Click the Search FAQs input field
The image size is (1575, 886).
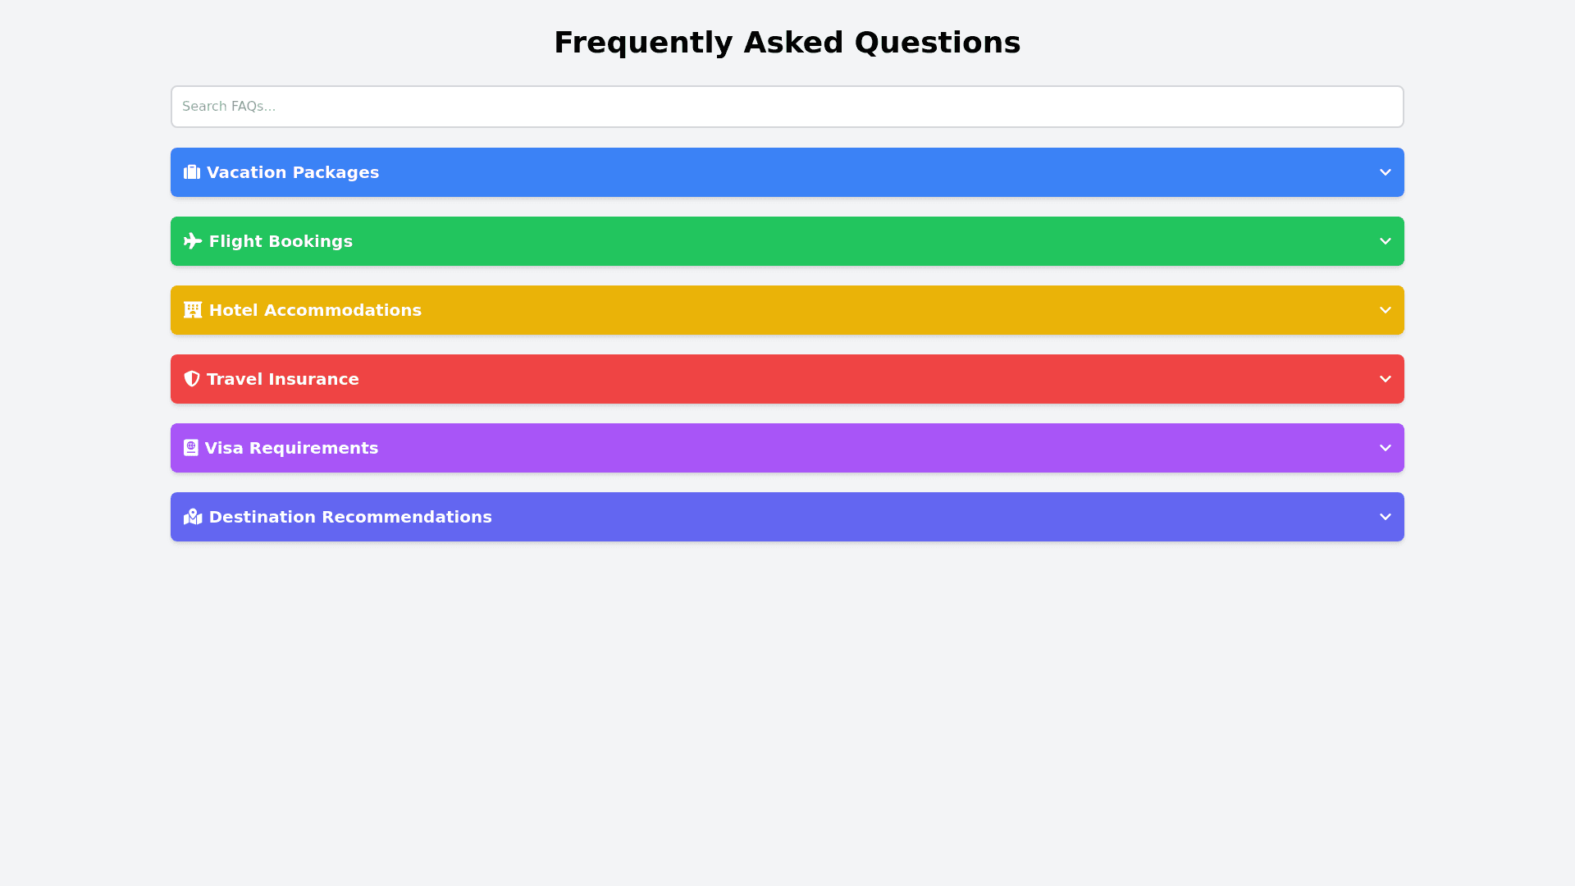[787, 107]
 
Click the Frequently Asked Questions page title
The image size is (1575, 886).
[787, 43]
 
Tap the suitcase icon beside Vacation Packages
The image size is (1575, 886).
[192, 172]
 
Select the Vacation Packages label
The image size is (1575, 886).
[293, 172]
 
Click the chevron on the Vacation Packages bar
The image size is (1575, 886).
[1386, 172]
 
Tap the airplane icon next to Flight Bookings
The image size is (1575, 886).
[193, 241]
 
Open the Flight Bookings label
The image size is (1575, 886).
[281, 241]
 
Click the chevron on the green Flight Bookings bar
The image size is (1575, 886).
[1386, 241]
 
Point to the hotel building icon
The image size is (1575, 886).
[193, 310]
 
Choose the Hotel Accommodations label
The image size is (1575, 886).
[315, 310]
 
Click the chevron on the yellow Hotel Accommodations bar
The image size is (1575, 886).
[1386, 310]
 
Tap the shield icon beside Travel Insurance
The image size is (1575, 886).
[192, 379]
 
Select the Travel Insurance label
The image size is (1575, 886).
[283, 379]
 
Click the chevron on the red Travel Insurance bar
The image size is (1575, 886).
[1386, 379]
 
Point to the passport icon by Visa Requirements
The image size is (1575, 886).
[191, 448]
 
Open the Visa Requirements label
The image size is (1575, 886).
[291, 448]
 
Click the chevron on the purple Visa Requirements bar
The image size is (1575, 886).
[1386, 448]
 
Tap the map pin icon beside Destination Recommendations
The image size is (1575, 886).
[193, 517]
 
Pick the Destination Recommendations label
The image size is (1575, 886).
[350, 517]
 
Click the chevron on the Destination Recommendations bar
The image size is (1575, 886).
[1386, 517]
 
